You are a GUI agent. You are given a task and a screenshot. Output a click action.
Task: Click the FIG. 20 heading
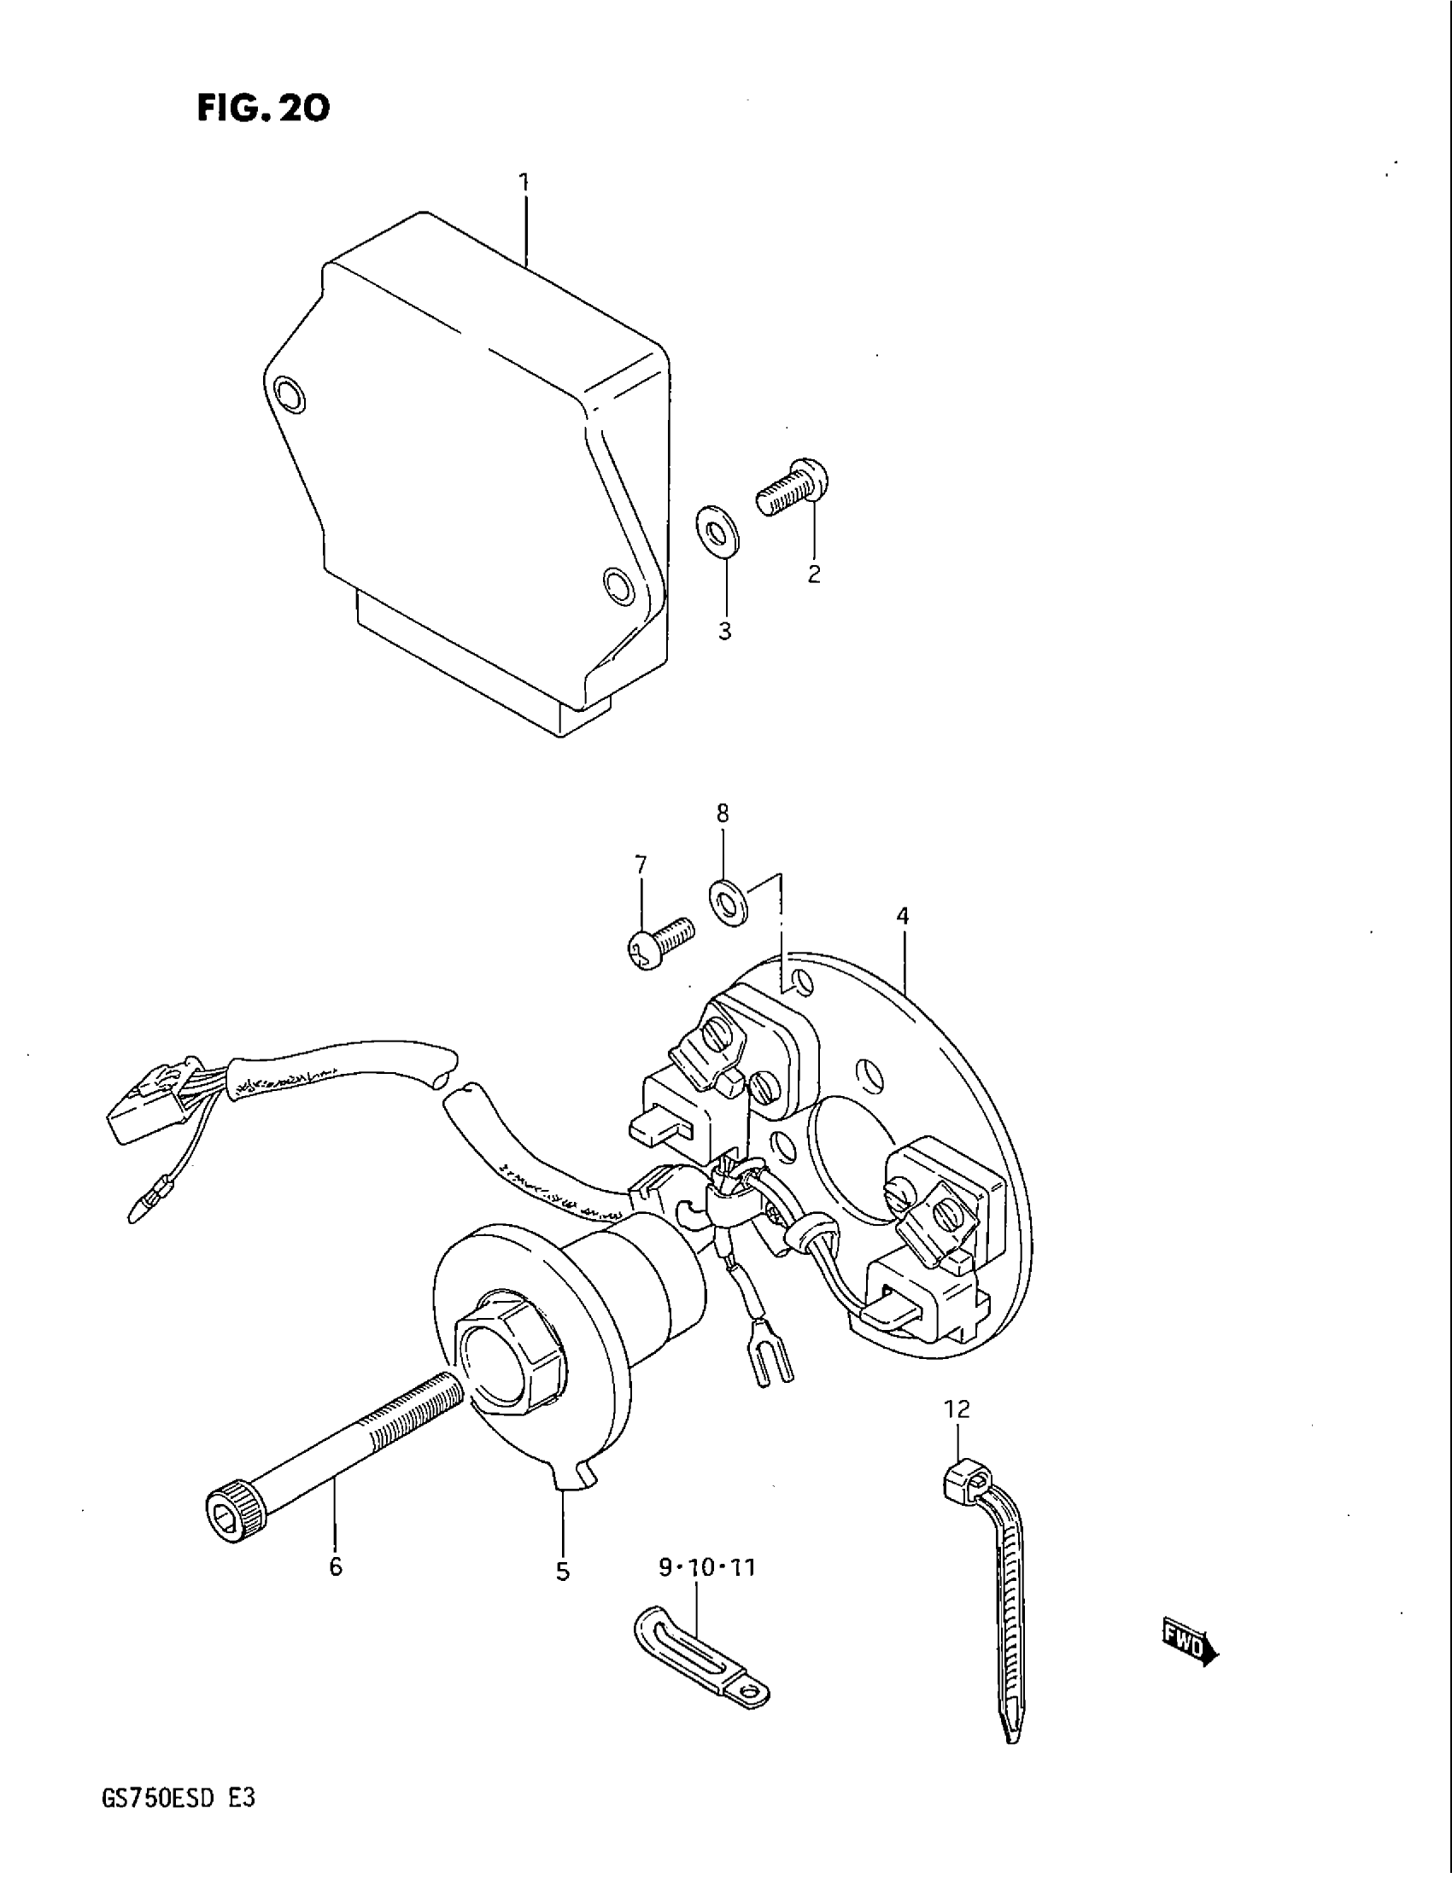pyautogui.click(x=262, y=108)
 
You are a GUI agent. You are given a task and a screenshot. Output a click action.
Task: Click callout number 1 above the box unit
pyautogui.click(x=523, y=183)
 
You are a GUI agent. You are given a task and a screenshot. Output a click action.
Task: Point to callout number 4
pyautogui.click(x=901, y=917)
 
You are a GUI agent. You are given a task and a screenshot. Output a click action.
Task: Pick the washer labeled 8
pyautogui.click(x=729, y=903)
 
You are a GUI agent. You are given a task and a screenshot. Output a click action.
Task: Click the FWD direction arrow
pyautogui.click(x=1190, y=1644)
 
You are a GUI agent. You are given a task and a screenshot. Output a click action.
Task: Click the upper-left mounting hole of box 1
pyautogui.click(x=288, y=394)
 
